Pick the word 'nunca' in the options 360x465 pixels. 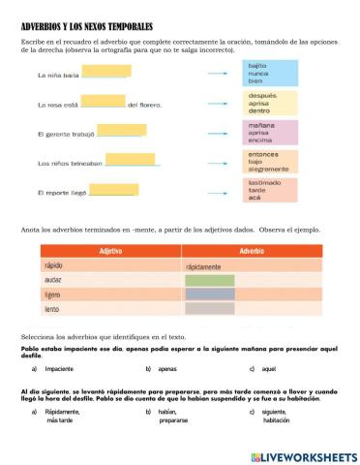click(257, 74)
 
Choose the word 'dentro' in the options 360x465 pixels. click(259, 110)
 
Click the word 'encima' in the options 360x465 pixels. click(259, 139)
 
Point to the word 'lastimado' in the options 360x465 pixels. click(265, 181)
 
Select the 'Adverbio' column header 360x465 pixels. click(250, 251)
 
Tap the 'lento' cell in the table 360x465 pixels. click(54, 309)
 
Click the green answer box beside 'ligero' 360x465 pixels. click(209, 294)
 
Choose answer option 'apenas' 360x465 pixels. click(168, 369)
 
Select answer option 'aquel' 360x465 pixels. click(270, 369)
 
